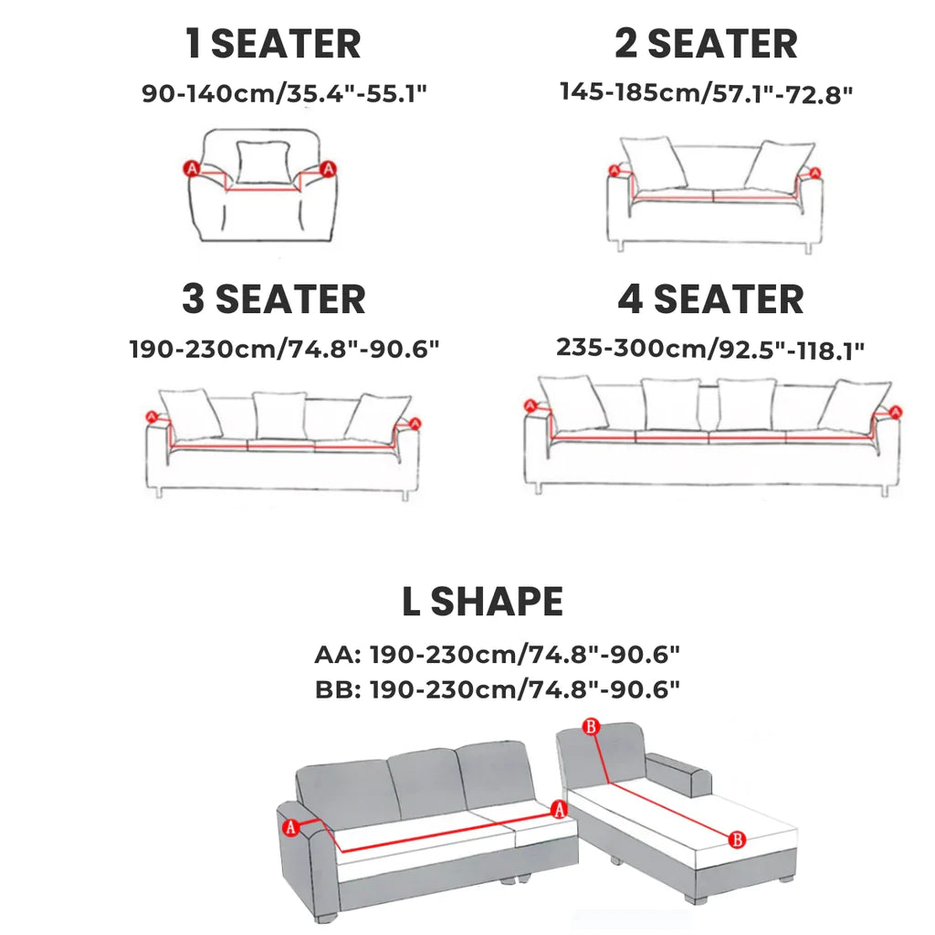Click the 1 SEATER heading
[273, 44]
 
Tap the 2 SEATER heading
[706, 44]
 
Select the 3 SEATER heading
[274, 299]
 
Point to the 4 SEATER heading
[710, 299]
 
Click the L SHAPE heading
[482, 601]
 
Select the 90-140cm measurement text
[285, 94]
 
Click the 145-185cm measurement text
[707, 93]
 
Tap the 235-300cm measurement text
[710, 349]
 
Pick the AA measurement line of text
[498, 655]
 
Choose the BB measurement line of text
[498, 690]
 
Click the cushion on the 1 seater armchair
[264, 162]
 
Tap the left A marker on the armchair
[192, 169]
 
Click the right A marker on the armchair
[328, 169]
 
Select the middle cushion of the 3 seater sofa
[279, 415]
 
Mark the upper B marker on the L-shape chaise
[591, 726]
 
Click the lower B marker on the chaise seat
[737, 840]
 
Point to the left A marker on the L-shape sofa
[290, 827]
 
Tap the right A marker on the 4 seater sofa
[895, 412]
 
